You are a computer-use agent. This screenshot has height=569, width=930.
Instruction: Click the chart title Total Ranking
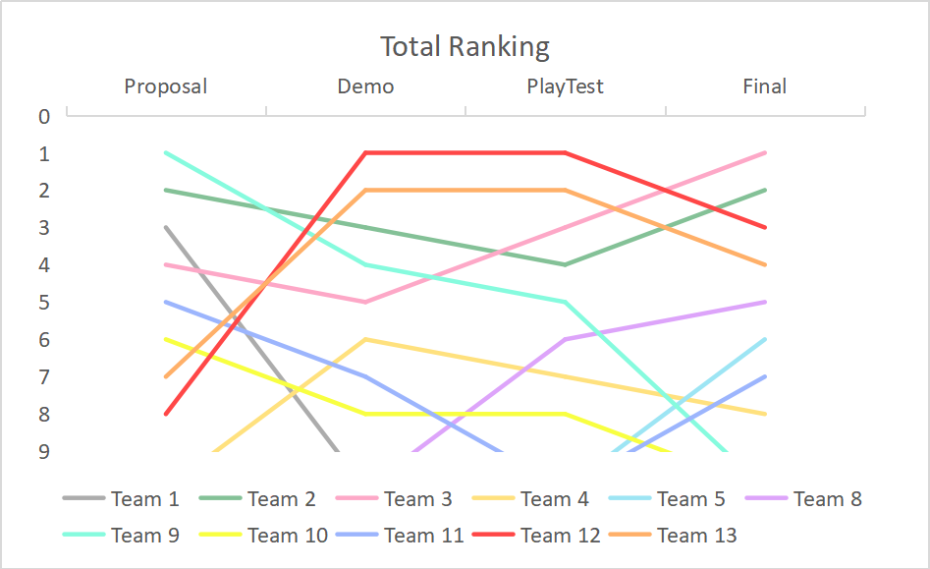pos(465,46)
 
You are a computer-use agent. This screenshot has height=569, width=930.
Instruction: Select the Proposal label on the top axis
pos(165,86)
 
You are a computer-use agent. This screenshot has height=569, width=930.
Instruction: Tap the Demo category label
pos(365,86)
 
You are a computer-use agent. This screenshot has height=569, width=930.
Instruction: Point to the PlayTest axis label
pos(565,86)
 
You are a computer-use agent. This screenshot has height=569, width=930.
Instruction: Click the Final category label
pos(764,86)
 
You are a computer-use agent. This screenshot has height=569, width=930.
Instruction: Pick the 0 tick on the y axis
pos(44,116)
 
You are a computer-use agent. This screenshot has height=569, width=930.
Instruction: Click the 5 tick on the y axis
pos(44,302)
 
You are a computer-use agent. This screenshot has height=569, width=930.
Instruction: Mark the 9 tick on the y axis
pos(44,451)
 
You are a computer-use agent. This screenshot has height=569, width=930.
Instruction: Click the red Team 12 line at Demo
pos(365,152)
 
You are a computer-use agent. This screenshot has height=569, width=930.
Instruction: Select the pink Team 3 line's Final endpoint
pos(764,153)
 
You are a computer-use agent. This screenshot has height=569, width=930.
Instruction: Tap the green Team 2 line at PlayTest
pos(565,264)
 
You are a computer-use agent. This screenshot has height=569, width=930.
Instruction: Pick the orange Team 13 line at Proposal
pos(166,375)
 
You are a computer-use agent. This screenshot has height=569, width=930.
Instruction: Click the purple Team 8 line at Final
pos(764,302)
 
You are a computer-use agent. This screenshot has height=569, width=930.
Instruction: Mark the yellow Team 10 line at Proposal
pos(166,339)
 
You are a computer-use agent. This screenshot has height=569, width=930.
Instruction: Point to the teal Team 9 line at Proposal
pos(166,152)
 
